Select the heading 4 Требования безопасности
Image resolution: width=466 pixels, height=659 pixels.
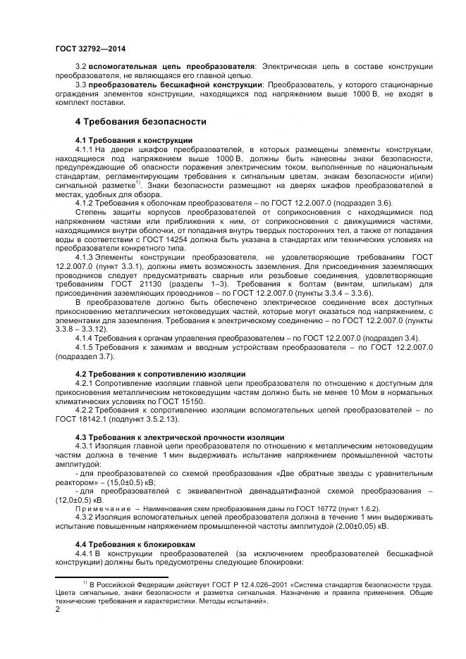[141, 121]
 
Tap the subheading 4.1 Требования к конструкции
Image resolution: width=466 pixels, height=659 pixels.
[133, 140]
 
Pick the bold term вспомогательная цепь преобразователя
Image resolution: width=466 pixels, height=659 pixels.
[169, 66]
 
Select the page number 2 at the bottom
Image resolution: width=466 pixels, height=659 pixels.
[58, 610]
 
